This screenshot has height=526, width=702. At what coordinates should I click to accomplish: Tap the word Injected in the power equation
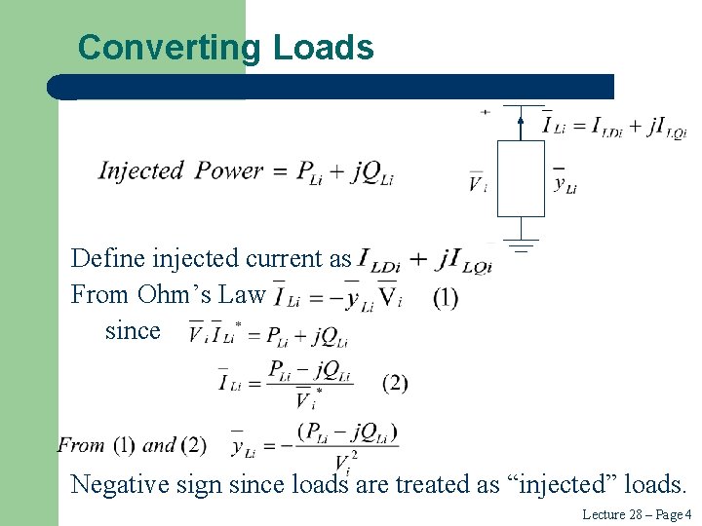coord(141,171)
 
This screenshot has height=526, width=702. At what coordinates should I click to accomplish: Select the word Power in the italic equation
coord(229,171)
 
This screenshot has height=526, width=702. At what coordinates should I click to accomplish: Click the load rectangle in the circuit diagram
coord(521,178)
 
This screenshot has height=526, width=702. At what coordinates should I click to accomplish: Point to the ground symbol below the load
coord(521,244)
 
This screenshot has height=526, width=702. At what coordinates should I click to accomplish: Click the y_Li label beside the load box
coord(565,182)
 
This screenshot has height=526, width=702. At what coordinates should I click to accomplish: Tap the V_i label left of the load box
coord(477,182)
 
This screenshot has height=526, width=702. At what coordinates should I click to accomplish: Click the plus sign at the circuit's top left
coord(485,112)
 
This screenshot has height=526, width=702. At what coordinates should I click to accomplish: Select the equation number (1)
coord(445,297)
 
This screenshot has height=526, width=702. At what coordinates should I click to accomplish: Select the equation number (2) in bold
coord(395,383)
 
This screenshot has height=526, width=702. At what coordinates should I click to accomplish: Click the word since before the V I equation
coord(133,330)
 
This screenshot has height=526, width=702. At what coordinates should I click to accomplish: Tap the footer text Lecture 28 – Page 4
coord(636,514)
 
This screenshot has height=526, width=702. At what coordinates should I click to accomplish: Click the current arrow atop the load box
coord(521,123)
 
